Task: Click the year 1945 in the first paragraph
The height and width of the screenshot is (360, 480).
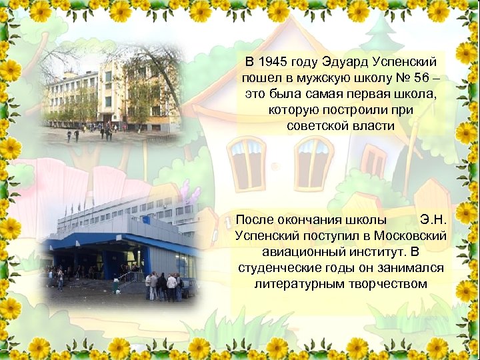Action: pyautogui.click(x=272, y=63)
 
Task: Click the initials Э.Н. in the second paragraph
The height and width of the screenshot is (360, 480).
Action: pyautogui.click(x=437, y=219)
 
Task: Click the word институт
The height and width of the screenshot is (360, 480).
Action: pyautogui.click(x=373, y=251)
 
